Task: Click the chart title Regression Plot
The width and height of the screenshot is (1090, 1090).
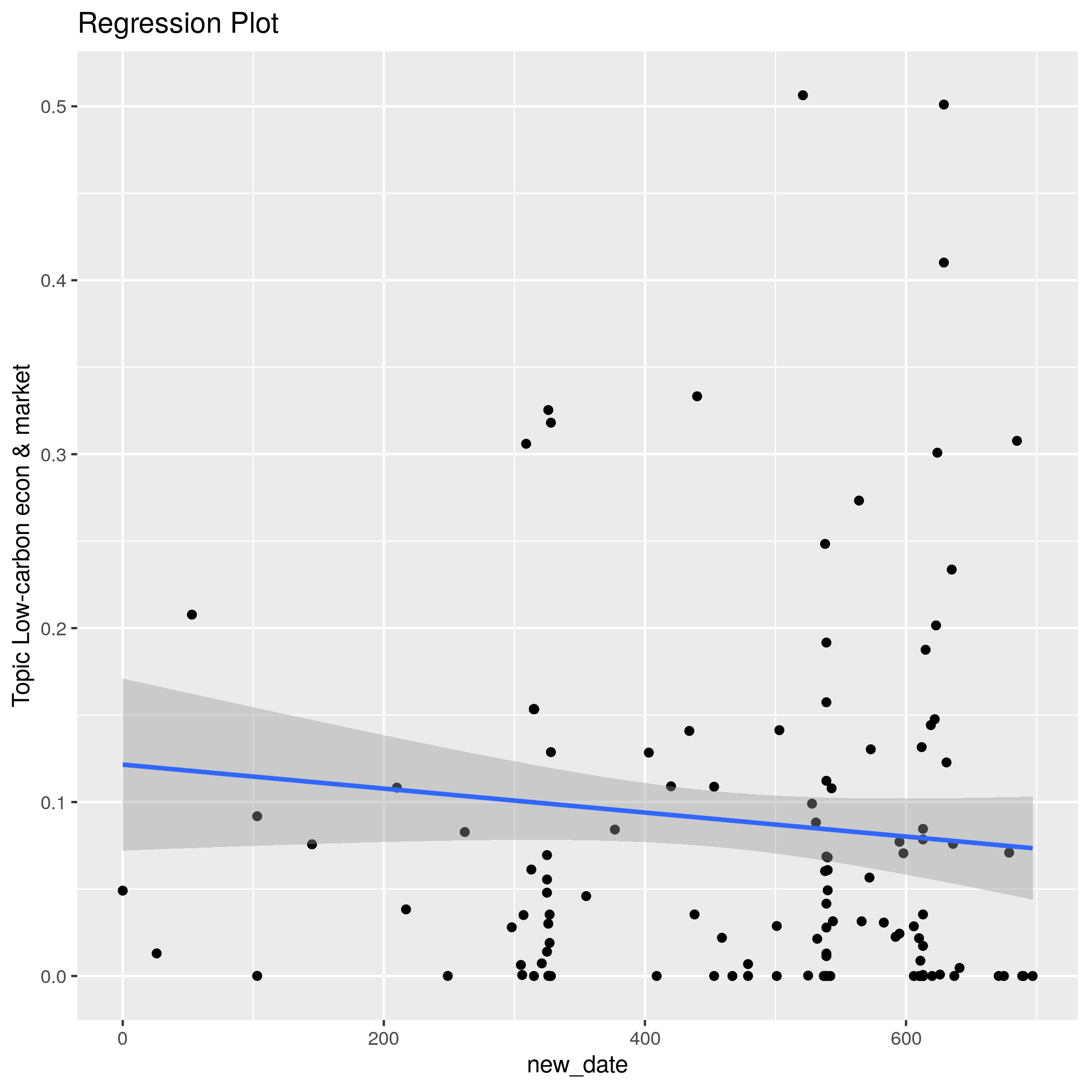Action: tap(178, 24)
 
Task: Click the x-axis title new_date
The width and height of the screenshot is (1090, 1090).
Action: tap(577, 1065)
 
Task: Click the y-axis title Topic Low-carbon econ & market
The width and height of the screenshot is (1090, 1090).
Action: tap(21, 534)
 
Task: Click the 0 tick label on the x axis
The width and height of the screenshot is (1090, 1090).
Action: tap(122, 1039)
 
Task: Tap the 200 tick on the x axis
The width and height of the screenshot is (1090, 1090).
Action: tap(384, 1039)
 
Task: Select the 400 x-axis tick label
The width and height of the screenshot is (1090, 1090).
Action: tap(644, 1039)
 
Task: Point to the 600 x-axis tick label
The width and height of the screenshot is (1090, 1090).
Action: tap(906, 1039)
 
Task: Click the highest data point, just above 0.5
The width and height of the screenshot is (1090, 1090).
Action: tap(803, 96)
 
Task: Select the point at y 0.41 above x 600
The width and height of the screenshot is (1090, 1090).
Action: tap(944, 262)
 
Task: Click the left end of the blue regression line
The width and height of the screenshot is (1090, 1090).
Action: tap(124, 765)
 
